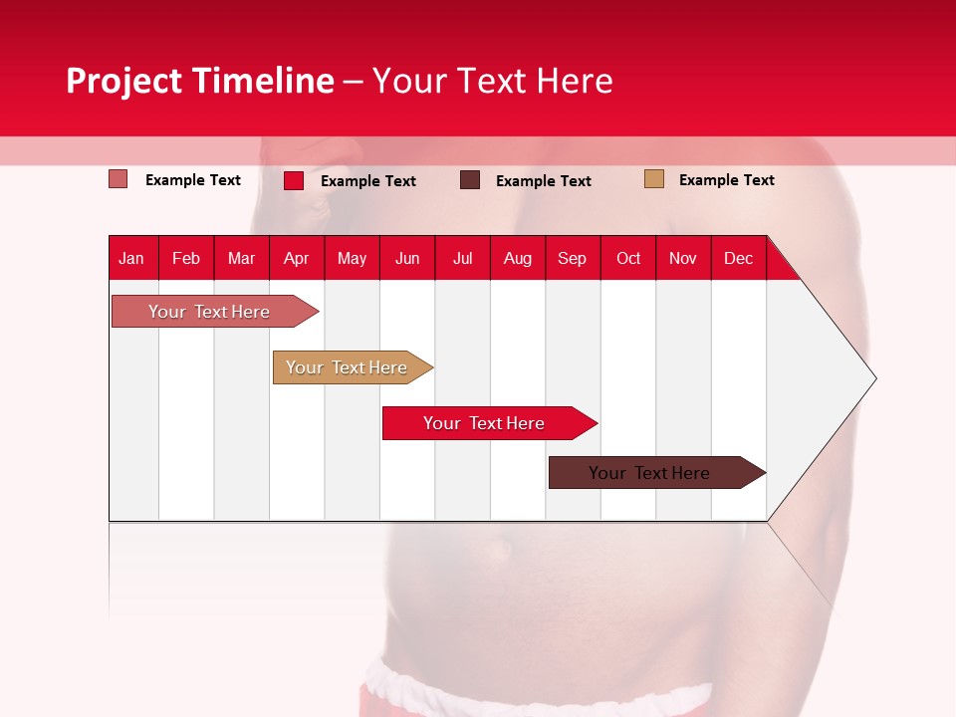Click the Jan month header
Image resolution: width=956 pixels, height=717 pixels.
click(x=131, y=258)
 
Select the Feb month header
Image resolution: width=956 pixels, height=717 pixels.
click(x=186, y=258)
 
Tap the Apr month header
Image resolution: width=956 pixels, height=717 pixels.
click(x=296, y=258)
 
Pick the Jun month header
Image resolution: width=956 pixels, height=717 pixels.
click(x=407, y=258)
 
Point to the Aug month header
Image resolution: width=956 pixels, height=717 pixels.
click(x=517, y=258)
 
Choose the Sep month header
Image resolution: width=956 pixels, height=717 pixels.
click(x=572, y=258)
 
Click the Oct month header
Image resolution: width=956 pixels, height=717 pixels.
click(x=628, y=258)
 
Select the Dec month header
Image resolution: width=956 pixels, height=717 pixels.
click(x=738, y=258)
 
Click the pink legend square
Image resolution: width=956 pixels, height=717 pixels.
click(x=119, y=179)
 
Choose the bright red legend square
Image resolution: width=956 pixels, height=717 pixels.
click(x=294, y=180)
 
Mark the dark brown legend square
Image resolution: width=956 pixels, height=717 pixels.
click(x=470, y=180)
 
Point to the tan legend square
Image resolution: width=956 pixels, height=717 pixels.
click(x=654, y=179)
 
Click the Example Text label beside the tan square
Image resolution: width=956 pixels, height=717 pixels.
click(x=726, y=180)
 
